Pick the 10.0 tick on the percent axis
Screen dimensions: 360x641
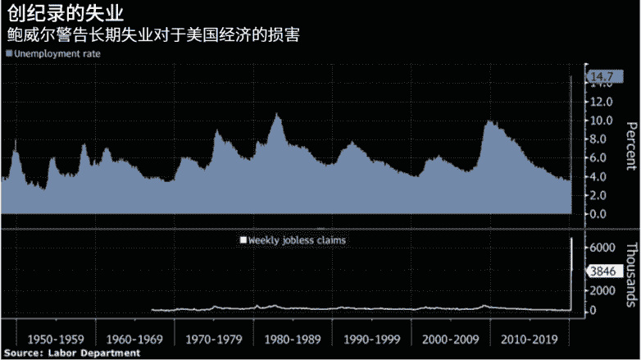click(x=602, y=121)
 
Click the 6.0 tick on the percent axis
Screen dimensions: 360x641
click(x=602, y=157)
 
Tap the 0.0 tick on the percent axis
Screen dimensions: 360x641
click(x=602, y=214)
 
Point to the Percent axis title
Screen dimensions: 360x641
click(x=630, y=147)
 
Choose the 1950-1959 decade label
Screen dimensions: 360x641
click(x=56, y=338)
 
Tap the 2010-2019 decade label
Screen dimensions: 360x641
click(x=529, y=338)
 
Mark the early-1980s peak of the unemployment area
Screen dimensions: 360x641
click(x=277, y=114)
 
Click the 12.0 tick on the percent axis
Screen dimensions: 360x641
click(x=602, y=102)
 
